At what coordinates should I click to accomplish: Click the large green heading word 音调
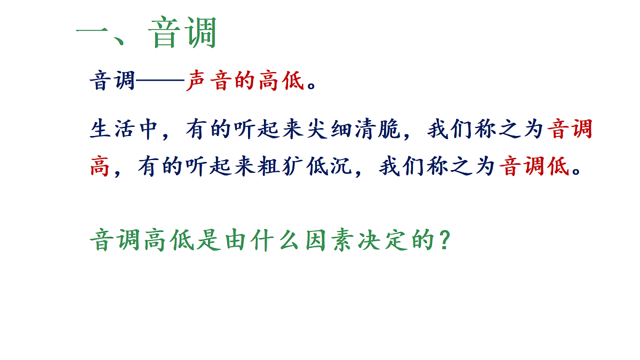pyautogui.click(x=183, y=33)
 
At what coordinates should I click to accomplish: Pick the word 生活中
pyautogui.click(x=124, y=130)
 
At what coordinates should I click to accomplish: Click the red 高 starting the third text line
pyautogui.click(x=100, y=167)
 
